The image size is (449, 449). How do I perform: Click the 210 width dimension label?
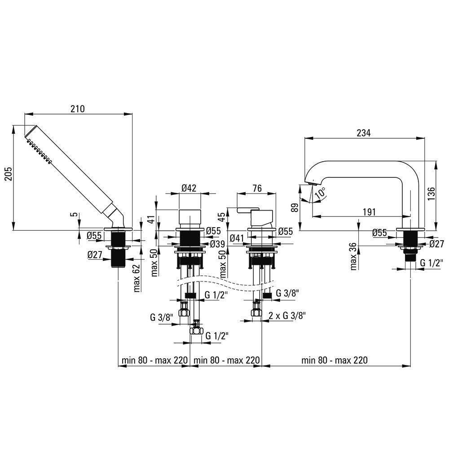[x=78, y=109]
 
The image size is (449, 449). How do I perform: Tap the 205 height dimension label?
[x=8, y=173]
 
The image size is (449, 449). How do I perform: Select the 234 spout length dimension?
[x=363, y=133]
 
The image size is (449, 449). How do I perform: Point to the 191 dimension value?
[x=369, y=212]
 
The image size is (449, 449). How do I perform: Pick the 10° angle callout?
[x=320, y=193]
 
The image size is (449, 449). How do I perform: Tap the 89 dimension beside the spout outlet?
[x=295, y=207]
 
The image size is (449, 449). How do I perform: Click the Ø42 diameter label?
[x=189, y=188]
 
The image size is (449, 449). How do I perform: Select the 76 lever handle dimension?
[x=257, y=188]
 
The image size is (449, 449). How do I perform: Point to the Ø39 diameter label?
[x=217, y=244]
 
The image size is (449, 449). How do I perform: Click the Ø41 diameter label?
[x=237, y=238]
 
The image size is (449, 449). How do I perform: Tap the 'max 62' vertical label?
[x=136, y=278]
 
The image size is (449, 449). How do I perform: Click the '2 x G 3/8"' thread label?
[x=287, y=316]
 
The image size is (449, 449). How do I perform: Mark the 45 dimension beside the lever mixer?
[x=222, y=217]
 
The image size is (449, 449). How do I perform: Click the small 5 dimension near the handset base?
[x=74, y=214]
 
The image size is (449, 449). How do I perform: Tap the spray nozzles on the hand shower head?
[x=39, y=151]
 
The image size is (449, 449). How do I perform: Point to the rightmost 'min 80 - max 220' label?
[x=334, y=360]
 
